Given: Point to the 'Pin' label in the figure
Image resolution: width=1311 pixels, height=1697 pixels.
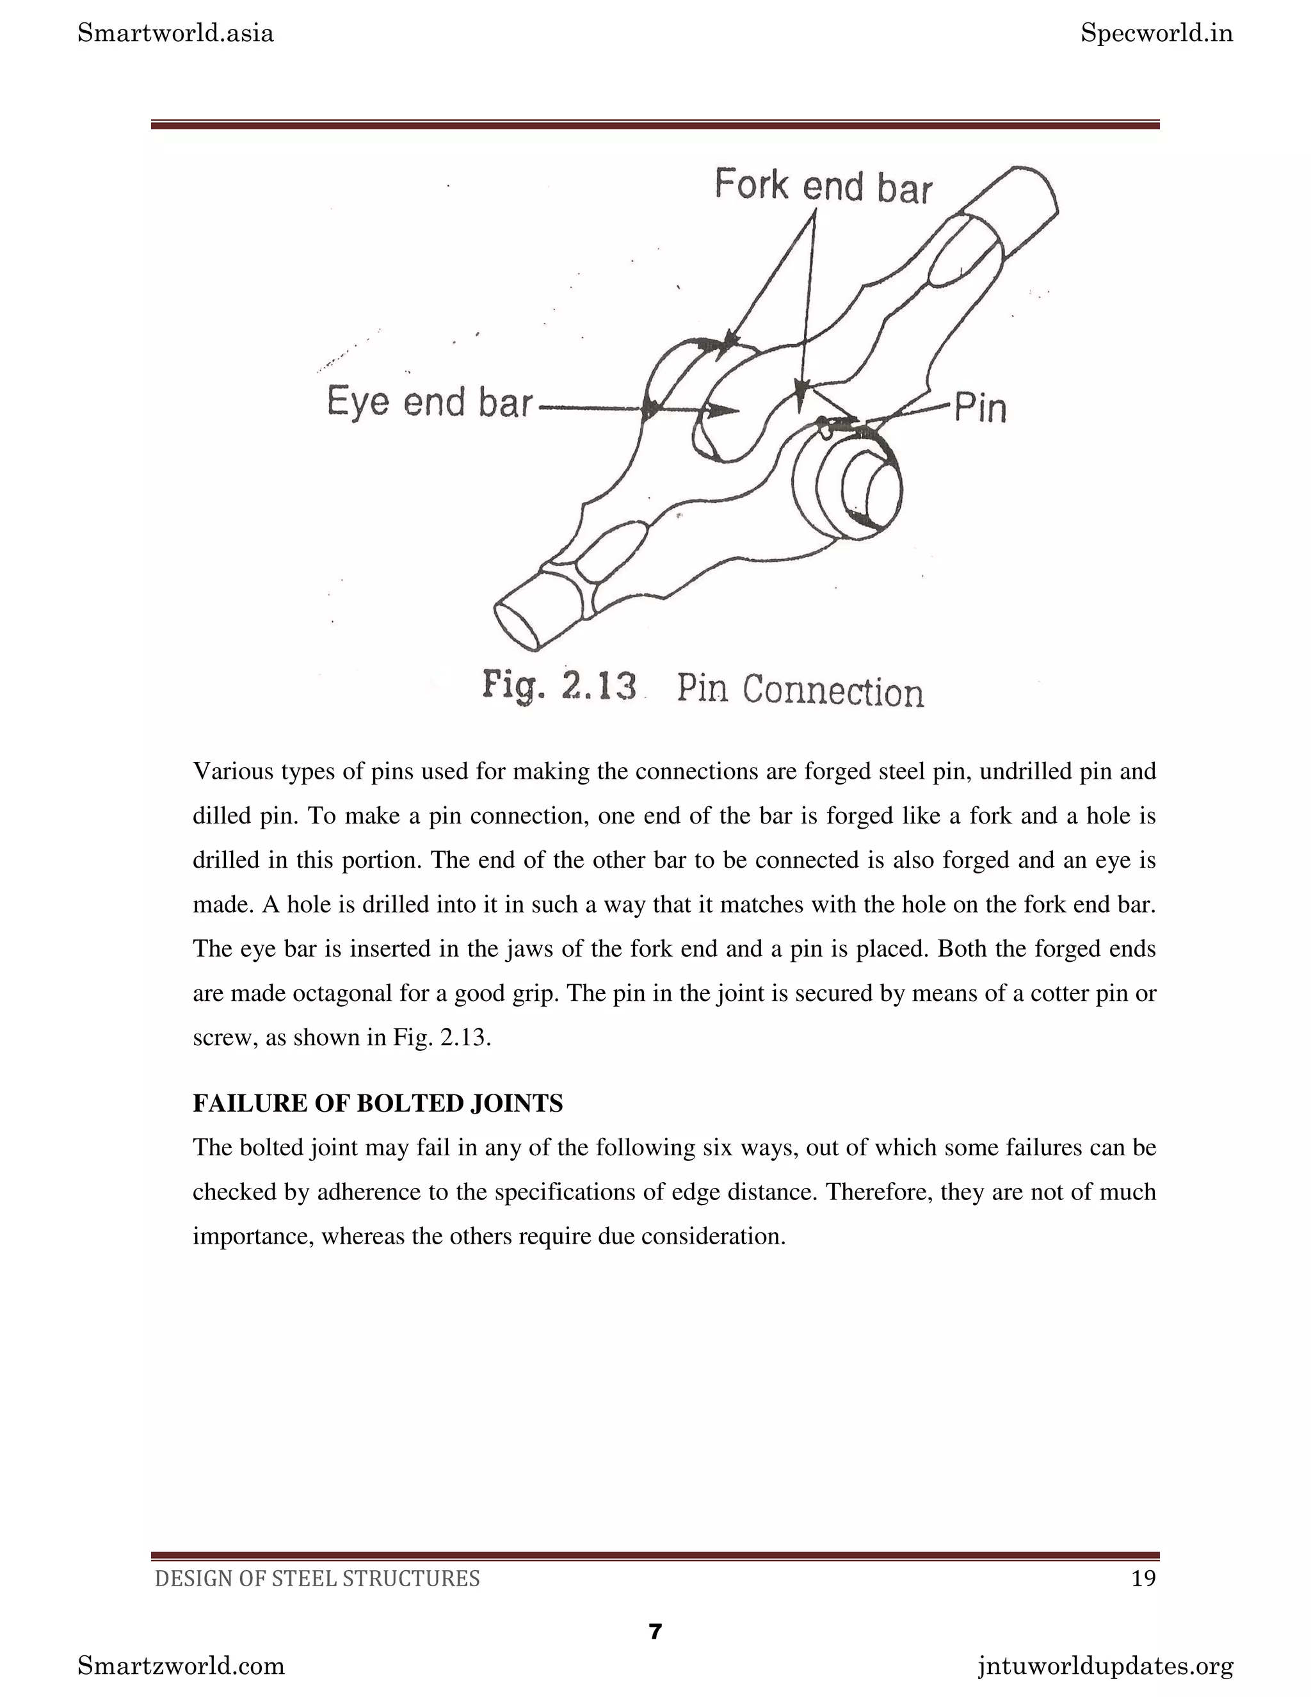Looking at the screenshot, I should tap(979, 407).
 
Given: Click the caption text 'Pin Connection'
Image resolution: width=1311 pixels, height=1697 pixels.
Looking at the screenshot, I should tap(800, 690).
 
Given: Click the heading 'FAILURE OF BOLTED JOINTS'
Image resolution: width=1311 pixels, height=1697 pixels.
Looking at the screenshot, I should tap(378, 1103).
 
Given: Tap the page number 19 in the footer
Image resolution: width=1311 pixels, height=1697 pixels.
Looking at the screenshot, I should tap(1143, 1578).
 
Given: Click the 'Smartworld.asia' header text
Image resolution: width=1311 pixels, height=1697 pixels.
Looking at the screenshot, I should tap(175, 33).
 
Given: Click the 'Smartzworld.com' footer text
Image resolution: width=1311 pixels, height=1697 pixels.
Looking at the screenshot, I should tap(181, 1666).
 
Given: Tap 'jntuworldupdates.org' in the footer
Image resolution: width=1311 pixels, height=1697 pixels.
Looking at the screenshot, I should tap(1105, 1666).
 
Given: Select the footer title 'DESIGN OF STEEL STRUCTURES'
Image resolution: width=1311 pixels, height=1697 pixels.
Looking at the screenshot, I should tap(317, 1578).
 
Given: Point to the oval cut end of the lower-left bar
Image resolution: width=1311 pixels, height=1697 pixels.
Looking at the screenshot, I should tap(517, 626).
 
